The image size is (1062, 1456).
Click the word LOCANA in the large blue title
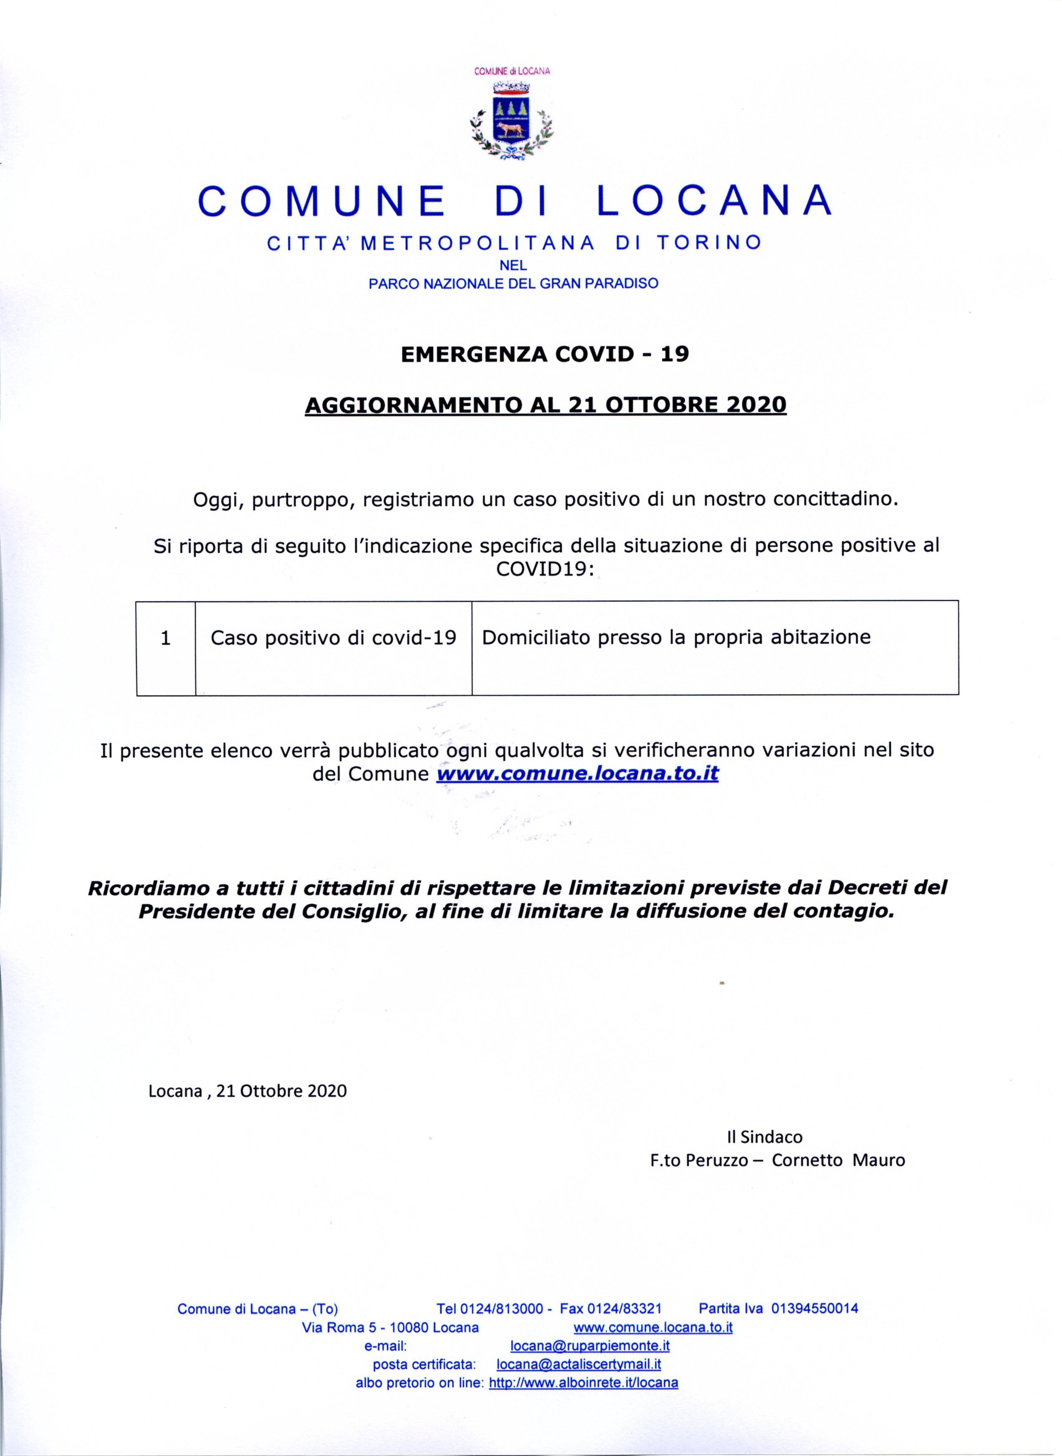[714, 201]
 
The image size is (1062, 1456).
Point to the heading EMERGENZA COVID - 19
[544, 354]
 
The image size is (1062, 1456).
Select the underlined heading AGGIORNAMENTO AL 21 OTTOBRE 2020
[545, 405]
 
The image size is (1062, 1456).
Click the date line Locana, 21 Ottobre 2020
[248, 1090]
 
